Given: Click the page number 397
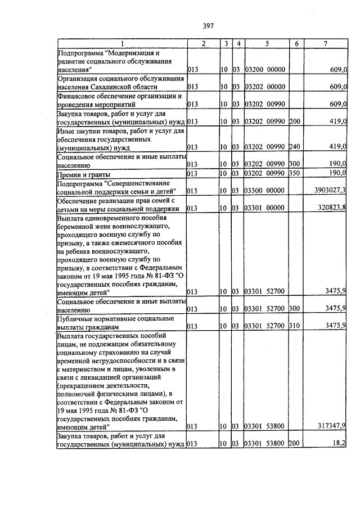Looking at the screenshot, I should [x=208, y=24].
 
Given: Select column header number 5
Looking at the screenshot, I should [x=267, y=43].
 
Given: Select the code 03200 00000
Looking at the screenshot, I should [x=266, y=69].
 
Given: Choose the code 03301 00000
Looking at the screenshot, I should [x=266, y=208].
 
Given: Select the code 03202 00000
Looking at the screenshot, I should [x=266, y=87].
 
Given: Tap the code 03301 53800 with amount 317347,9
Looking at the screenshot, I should [x=266, y=426].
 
